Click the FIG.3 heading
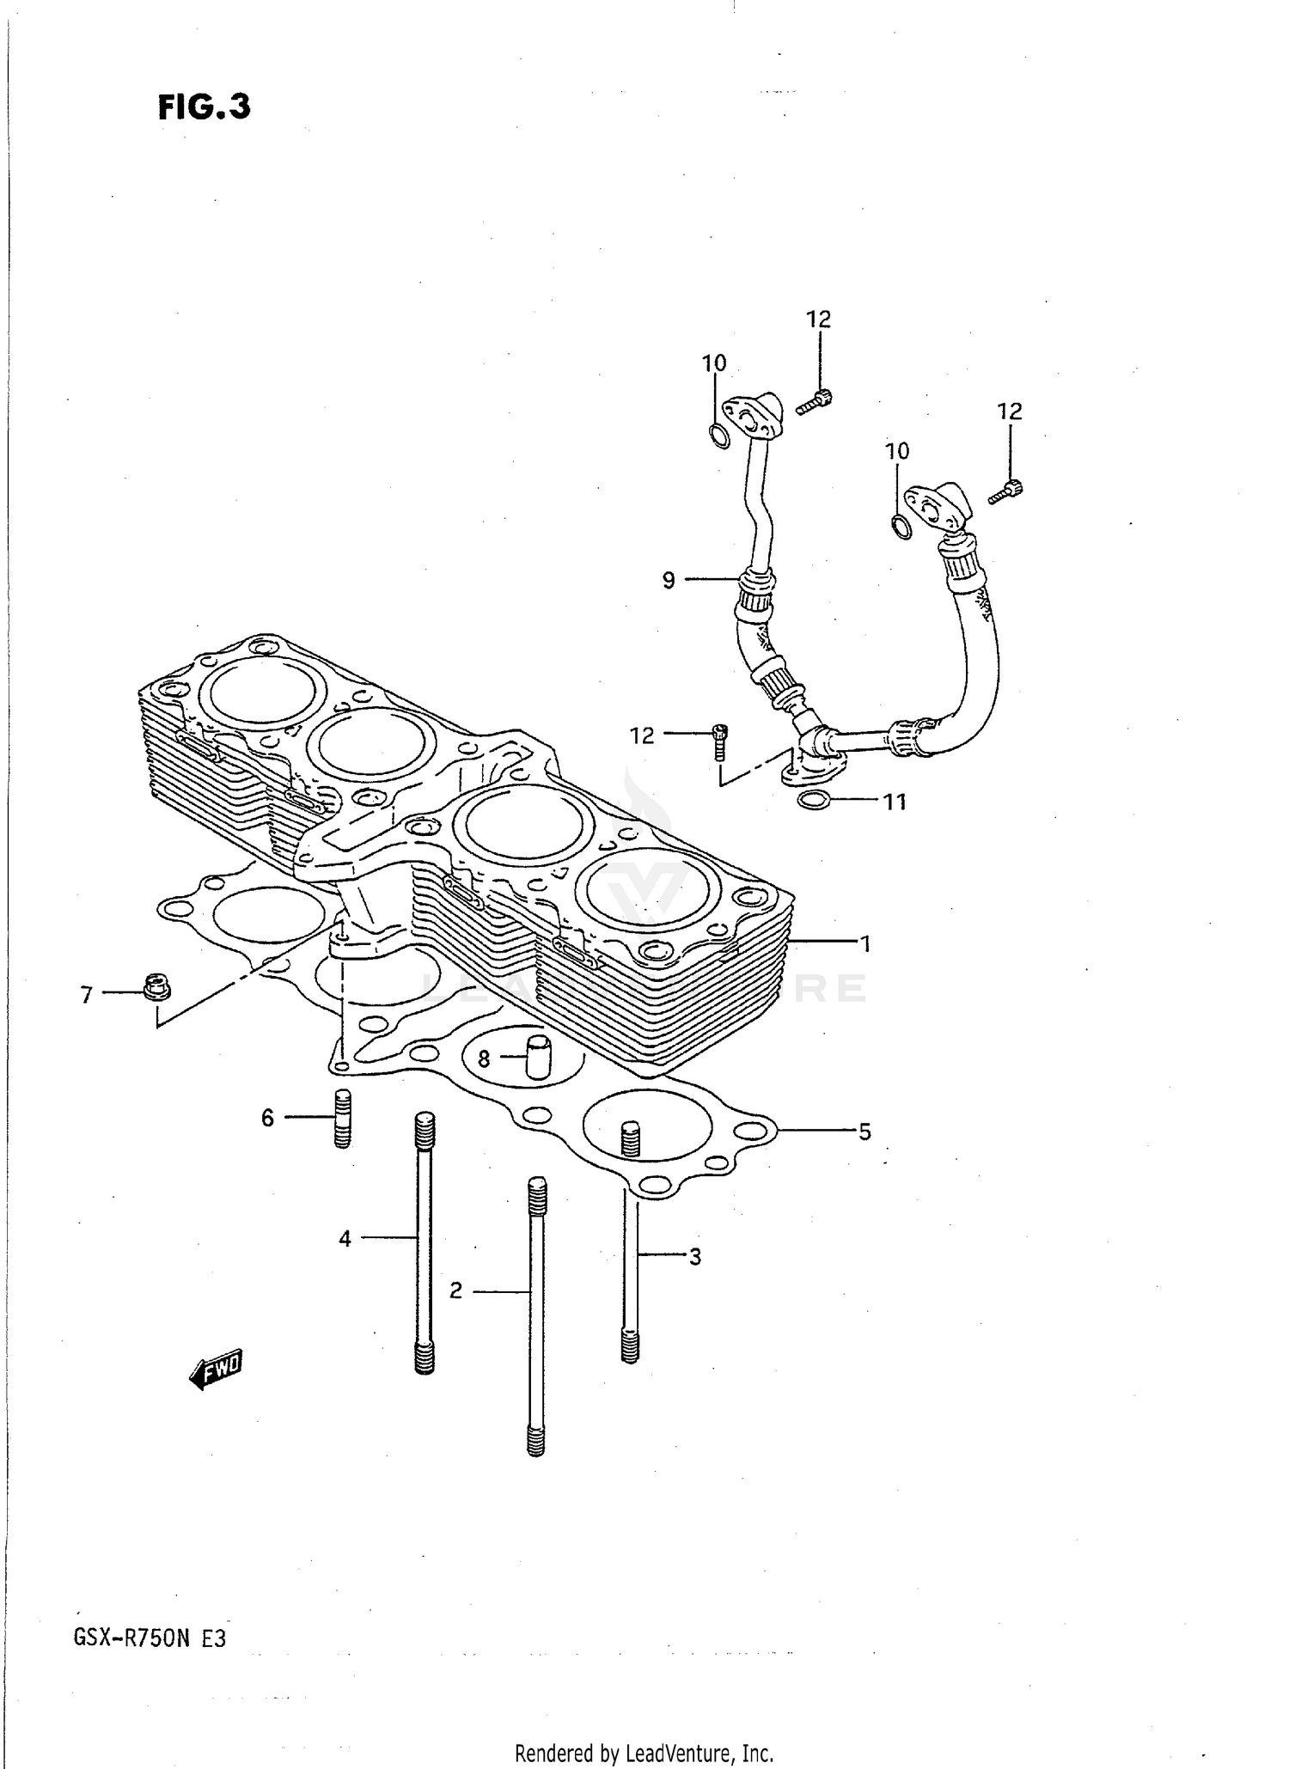point(205,107)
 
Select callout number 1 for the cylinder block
point(866,944)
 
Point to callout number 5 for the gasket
point(864,1132)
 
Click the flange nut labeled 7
point(156,987)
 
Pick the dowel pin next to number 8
point(537,1058)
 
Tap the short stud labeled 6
point(342,1118)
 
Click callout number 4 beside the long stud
point(345,1239)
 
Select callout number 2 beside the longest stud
point(455,1290)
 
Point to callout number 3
point(694,1257)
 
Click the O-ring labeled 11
point(814,802)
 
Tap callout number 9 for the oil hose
point(669,581)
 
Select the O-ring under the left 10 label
point(719,436)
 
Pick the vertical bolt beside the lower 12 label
point(719,741)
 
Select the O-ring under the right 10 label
point(901,527)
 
